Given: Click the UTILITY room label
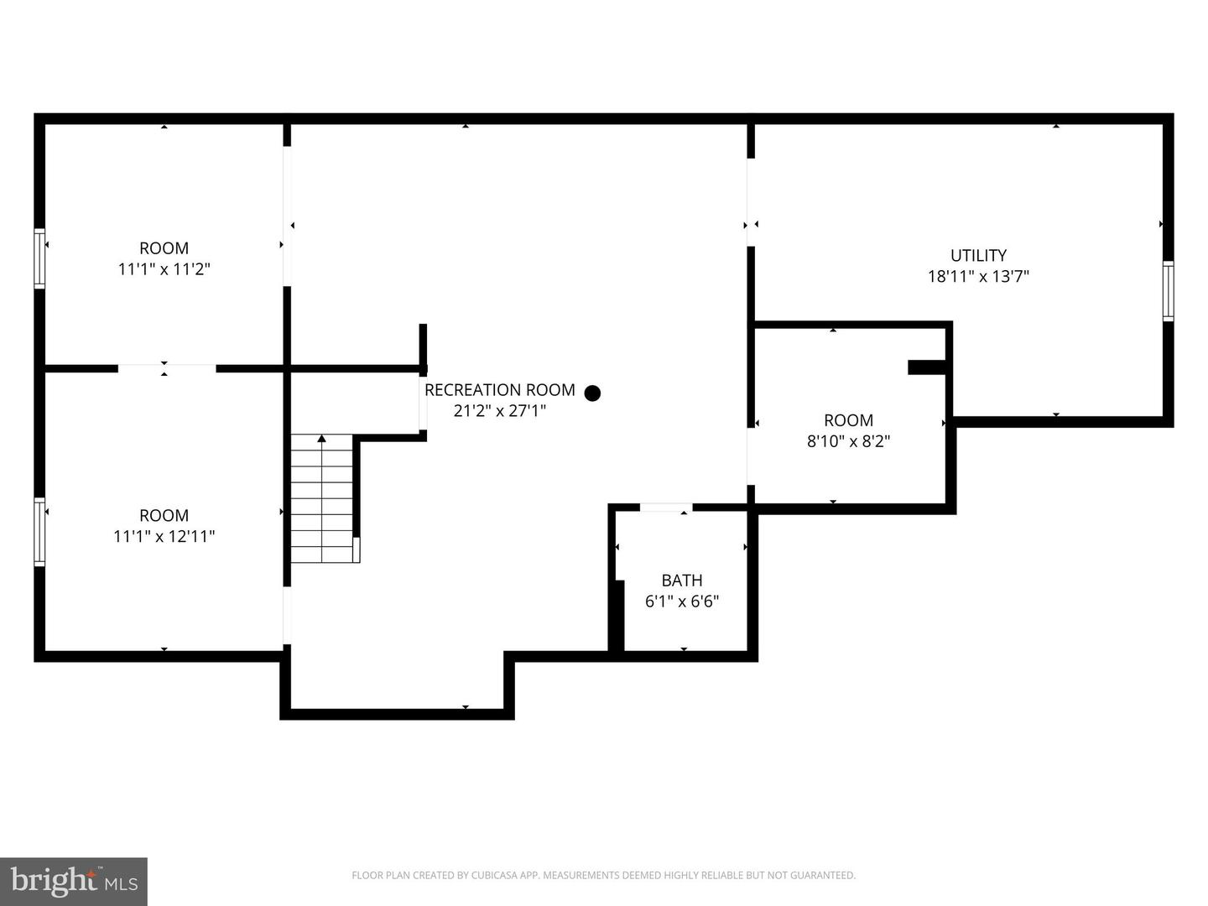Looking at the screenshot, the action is click(978, 255).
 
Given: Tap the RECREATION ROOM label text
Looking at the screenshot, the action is click(500, 390).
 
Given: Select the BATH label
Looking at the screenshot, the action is click(682, 581).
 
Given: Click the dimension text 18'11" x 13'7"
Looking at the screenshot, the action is click(978, 276).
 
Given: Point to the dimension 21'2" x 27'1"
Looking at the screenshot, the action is click(500, 411).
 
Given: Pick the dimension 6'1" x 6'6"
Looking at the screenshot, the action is click(682, 601).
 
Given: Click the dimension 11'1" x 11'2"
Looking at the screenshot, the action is click(164, 269).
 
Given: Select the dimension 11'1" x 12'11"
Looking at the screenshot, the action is click(164, 536).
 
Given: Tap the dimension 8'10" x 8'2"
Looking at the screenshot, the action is click(848, 441).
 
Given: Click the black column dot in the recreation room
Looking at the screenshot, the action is click(592, 393).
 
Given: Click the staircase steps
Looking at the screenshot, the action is click(322, 498).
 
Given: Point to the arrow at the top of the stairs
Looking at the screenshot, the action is click(322, 439).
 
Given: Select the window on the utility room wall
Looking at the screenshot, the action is click(1168, 291).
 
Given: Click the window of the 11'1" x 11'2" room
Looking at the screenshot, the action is click(39, 258).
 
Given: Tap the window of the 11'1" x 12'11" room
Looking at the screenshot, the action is click(39, 532).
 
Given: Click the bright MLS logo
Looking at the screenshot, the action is click(74, 881).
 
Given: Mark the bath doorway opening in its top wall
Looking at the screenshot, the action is click(666, 508).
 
